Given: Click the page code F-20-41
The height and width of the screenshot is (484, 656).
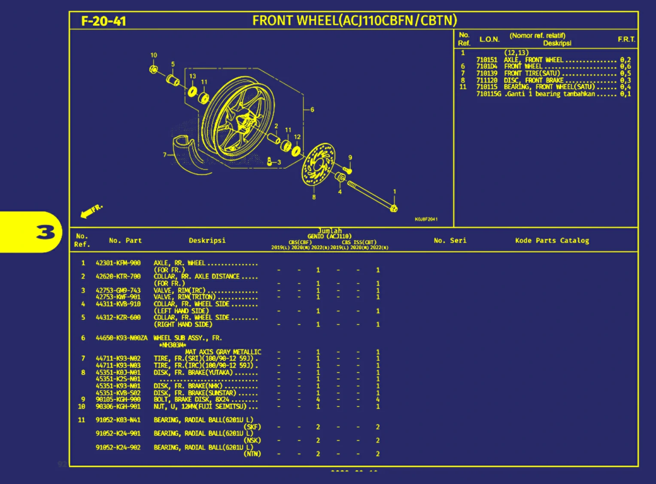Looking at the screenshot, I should click(x=103, y=21).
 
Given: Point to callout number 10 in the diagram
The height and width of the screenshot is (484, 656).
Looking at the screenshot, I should click(x=154, y=55).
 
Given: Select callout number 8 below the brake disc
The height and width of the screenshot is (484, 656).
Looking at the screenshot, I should click(x=314, y=197).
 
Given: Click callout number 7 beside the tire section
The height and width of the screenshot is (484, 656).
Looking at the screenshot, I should click(x=164, y=155).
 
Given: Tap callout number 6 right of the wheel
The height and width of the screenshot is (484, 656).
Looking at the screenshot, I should click(x=312, y=110).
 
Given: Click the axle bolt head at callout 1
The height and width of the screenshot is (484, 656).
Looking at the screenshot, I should click(x=394, y=209).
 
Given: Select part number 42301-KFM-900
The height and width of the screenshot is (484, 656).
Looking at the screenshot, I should click(x=118, y=263).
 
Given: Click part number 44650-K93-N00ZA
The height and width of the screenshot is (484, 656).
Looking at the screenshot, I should click(x=121, y=338).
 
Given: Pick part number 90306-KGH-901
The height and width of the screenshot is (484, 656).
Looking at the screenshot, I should click(x=118, y=406).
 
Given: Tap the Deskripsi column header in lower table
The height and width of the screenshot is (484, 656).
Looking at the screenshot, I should click(x=207, y=240).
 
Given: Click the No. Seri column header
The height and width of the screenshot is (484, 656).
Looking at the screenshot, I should click(x=450, y=240).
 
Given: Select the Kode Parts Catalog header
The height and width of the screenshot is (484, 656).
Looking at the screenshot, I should click(x=552, y=240).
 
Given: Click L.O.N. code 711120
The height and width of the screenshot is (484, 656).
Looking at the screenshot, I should click(x=487, y=80).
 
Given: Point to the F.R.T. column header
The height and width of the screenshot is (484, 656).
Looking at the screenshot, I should click(x=626, y=39).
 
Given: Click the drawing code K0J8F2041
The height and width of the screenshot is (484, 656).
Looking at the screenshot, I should click(x=426, y=219).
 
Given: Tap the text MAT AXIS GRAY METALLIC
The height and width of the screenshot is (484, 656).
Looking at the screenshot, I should click(x=223, y=352).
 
